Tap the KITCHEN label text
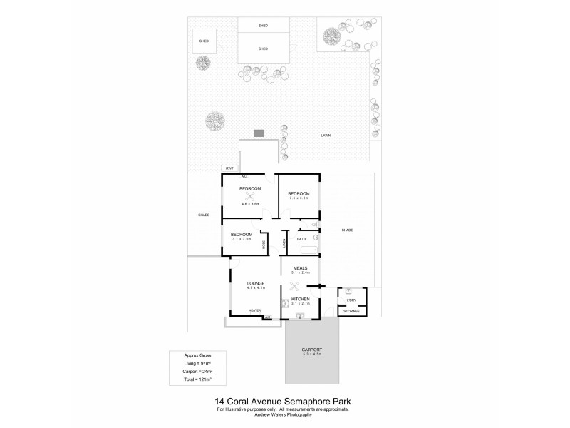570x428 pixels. click(301, 299)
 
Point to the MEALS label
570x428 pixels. click(300, 268)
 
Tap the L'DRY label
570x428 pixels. click(352, 300)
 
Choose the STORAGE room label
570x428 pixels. click(352, 312)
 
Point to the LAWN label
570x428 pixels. click(325, 136)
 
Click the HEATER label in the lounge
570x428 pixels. click(254, 310)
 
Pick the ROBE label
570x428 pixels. click(264, 243)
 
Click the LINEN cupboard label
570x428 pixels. click(284, 243)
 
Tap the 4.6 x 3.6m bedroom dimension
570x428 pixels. click(249, 204)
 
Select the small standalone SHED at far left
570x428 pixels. click(203, 42)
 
